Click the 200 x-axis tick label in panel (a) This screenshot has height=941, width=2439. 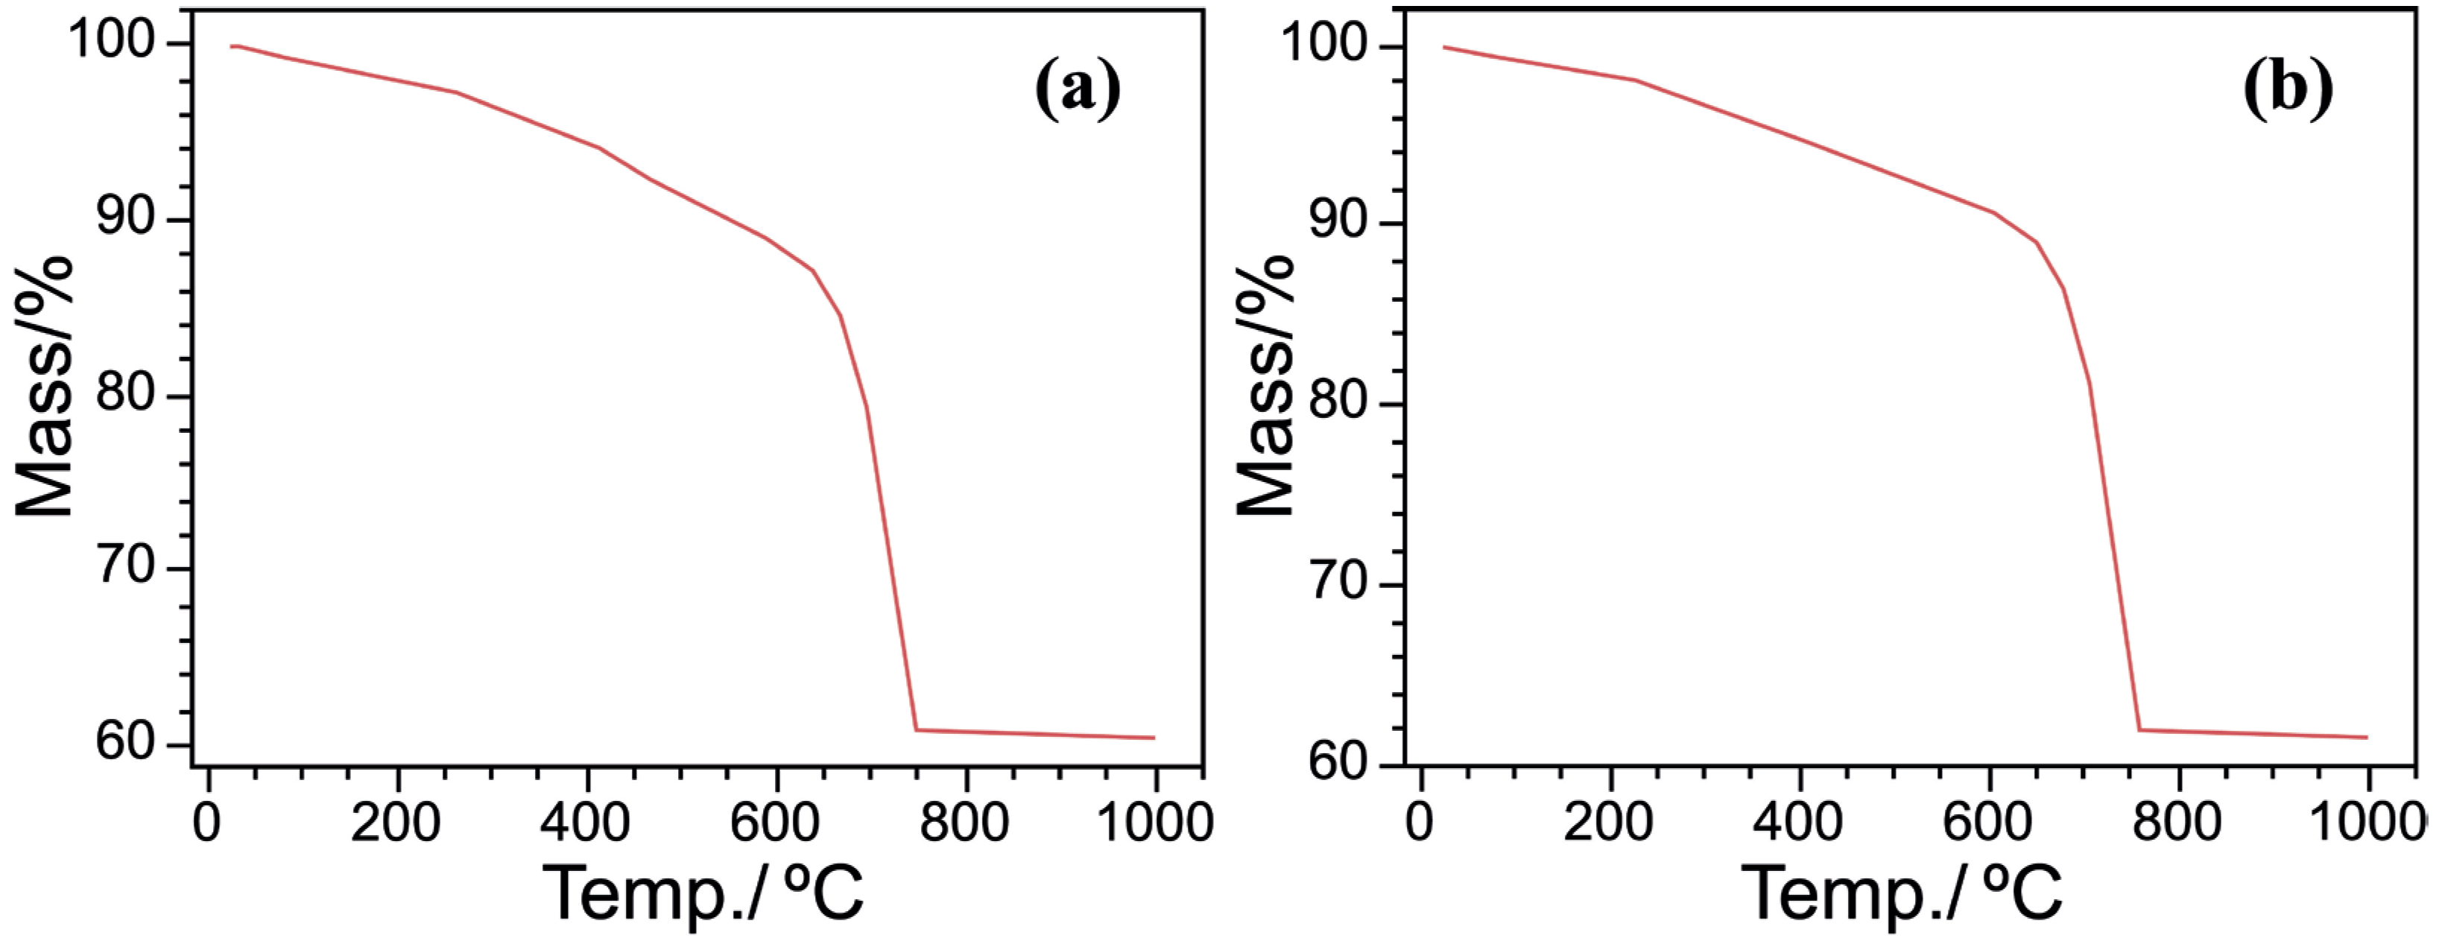coord(396,823)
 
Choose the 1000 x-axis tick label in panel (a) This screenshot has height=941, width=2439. coord(1154,823)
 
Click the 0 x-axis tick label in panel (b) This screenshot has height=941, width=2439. coord(1420,823)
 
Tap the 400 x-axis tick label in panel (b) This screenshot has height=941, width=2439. coord(1798,823)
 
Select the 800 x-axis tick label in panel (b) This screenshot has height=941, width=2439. coord(2177,823)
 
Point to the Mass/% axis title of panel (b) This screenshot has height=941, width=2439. coord(1265,386)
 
